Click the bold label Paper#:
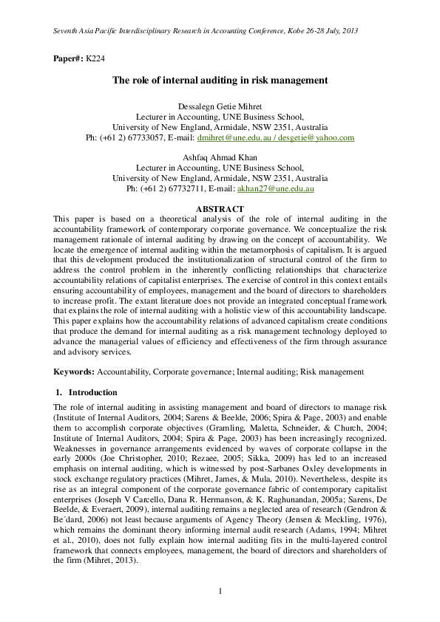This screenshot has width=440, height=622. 68,58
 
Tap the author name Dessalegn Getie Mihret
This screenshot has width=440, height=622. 220,106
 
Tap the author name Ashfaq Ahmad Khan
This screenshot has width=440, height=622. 220,157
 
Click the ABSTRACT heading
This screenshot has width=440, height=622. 220,209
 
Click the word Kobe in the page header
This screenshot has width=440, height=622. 282,30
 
